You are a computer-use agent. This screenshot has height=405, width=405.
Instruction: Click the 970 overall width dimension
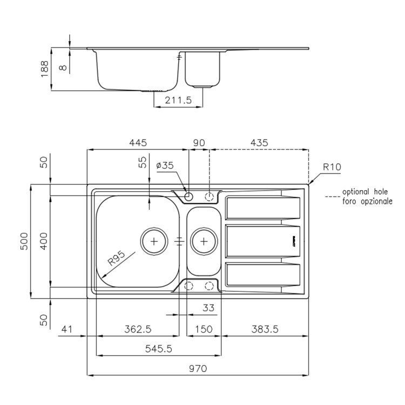(x=198, y=369)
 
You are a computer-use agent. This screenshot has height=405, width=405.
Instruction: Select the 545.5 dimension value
(x=158, y=349)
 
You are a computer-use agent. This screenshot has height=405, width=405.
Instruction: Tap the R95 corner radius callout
(x=116, y=258)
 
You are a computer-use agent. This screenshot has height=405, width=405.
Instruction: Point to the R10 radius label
(x=332, y=167)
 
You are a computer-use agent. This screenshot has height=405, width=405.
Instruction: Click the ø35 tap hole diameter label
(x=165, y=165)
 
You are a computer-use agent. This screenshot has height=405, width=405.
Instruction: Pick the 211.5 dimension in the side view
(x=178, y=100)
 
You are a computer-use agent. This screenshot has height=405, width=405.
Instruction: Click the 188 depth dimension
(x=44, y=69)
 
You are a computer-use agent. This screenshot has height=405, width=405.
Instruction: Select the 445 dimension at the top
(x=138, y=143)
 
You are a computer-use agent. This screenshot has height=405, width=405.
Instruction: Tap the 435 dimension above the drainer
(x=259, y=143)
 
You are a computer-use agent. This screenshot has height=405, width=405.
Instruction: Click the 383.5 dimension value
(x=265, y=329)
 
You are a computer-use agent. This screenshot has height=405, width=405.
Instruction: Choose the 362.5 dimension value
(x=138, y=329)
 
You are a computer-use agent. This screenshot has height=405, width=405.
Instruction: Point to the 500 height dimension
(x=24, y=241)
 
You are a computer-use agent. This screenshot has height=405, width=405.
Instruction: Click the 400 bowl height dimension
(x=44, y=241)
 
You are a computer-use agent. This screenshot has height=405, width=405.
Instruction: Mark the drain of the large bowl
(x=154, y=241)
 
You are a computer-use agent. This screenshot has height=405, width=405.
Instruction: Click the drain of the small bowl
(x=204, y=241)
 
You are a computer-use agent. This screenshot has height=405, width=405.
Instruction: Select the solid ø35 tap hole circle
(x=188, y=197)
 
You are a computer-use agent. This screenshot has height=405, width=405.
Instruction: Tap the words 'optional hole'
(x=365, y=192)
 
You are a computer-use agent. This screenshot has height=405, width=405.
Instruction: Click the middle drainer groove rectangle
(x=263, y=241)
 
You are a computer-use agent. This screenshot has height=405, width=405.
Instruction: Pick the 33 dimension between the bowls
(x=208, y=308)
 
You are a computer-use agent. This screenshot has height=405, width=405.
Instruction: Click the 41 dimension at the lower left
(x=67, y=329)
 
